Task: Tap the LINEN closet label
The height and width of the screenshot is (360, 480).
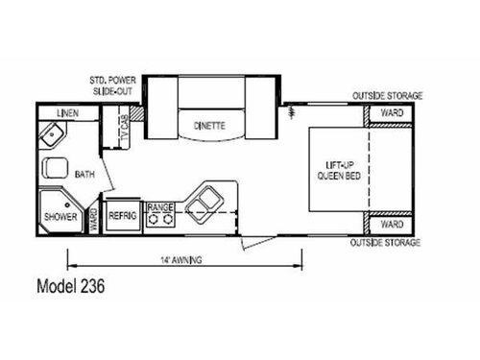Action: tap(67, 114)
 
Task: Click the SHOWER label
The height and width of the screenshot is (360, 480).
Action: tap(60, 215)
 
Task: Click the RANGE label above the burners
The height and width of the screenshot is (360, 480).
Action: tap(159, 206)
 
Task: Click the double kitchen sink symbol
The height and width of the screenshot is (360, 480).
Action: tap(204, 201)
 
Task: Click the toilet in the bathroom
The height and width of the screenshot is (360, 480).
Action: tap(54, 168)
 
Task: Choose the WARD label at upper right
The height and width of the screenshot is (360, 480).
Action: tap(393, 113)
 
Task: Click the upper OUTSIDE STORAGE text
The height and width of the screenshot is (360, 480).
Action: tap(387, 96)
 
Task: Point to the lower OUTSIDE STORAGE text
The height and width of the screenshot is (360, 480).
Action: tap(387, 242)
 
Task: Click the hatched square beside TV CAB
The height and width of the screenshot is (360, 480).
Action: tap(136, 114)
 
